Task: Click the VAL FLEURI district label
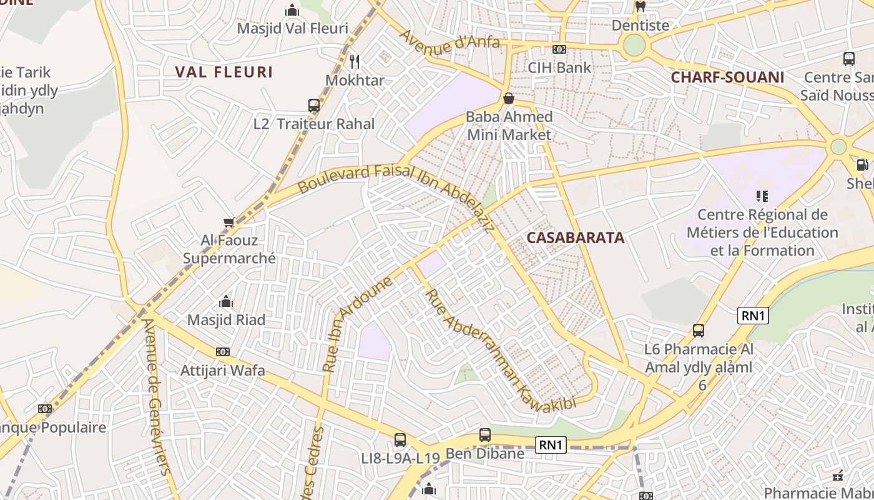pos(224,72)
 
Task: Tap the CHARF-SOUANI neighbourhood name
pos(727,77)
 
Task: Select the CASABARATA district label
pos(575,237)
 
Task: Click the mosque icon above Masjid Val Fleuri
pos(292,10)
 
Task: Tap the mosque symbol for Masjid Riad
pos(226,302)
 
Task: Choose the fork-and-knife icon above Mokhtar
pos(355,61)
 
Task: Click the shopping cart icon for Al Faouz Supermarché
pos(228,222)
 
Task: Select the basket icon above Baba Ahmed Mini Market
pos(509,98)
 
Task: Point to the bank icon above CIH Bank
pos(559,49)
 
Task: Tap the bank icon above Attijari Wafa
pos(222,352)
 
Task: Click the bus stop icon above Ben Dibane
pos(485,435)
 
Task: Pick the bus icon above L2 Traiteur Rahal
pos(314,105)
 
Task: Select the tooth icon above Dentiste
pos(640,7)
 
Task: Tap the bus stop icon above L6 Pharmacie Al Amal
pos(699,330)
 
